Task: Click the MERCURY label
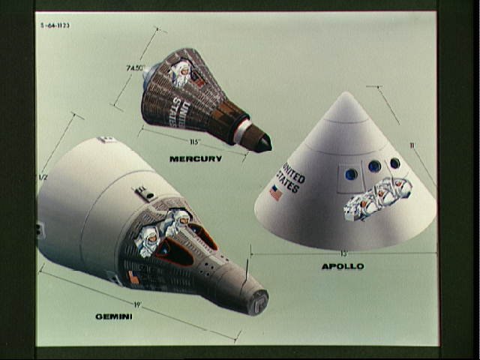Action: click(196, 158)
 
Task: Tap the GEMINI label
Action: click(114, 316)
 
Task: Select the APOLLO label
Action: click(343, 265)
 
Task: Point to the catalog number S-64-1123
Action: click(57, 25)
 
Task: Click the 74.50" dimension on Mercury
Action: click(136, 67)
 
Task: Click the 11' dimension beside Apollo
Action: click(412, 145)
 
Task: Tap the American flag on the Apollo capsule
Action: click(276, 193)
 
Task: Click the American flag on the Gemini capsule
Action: click(133, 278)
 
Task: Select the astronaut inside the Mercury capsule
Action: click(181, 72)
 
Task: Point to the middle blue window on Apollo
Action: click(373, 166)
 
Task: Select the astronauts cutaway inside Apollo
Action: click(377, 198)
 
